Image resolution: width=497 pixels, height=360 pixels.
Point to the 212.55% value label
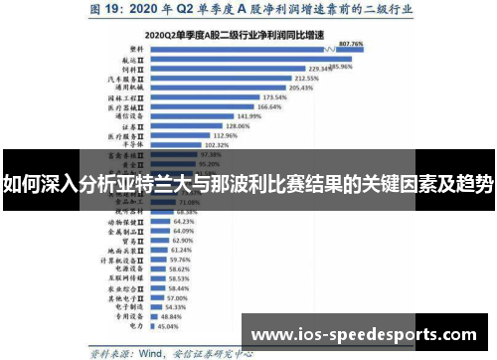click(279, 78)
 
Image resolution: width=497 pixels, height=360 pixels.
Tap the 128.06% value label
click(237, 126)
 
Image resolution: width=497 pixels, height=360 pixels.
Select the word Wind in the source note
click(151, 350)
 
